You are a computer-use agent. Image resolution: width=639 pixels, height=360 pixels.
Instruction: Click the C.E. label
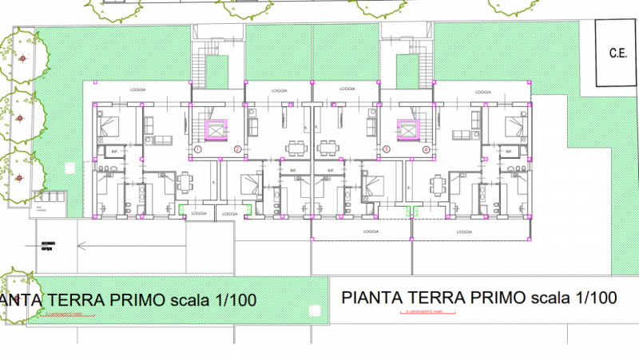pos(617,54)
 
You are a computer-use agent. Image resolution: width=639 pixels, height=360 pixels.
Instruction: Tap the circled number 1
pos(197,149)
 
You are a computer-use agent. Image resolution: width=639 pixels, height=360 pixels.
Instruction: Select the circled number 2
pos(237,149)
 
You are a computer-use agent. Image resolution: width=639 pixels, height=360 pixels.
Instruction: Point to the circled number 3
pos(387,149)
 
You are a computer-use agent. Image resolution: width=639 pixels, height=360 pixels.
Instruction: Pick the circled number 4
pos(426,149)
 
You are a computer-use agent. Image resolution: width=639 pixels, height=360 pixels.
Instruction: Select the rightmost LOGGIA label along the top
pos(483,92)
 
